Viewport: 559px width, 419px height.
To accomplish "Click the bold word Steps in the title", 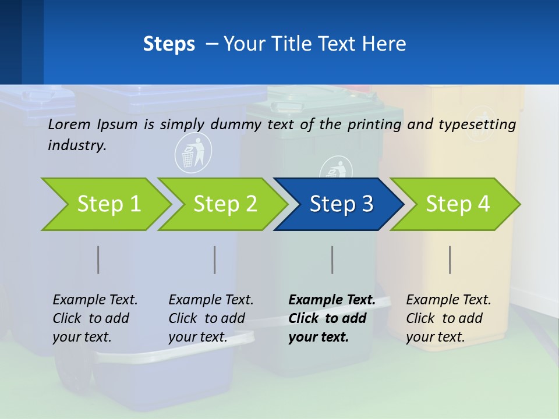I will (x=169, y=44).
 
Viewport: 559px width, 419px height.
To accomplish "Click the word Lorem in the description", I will (x=69, y=124).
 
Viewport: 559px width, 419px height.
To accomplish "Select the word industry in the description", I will (x=77, y=145).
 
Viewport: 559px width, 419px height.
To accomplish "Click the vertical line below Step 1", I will (x=98, y=260).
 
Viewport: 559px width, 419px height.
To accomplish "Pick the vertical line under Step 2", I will (x=215, y=260).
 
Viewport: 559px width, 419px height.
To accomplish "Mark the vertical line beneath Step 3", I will (x=332, y=260).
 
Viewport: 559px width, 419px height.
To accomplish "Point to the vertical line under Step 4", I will (x=450, y=260).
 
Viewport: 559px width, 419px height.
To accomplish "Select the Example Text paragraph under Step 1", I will (x=95, y=318).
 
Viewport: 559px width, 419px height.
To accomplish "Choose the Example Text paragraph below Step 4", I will (x=448, y=318).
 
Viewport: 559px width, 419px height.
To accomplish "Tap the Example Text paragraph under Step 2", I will (x=211, y=318).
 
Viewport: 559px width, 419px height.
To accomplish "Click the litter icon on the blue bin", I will (x=193, y=152).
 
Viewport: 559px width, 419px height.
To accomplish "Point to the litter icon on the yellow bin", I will (x=480, y=124).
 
